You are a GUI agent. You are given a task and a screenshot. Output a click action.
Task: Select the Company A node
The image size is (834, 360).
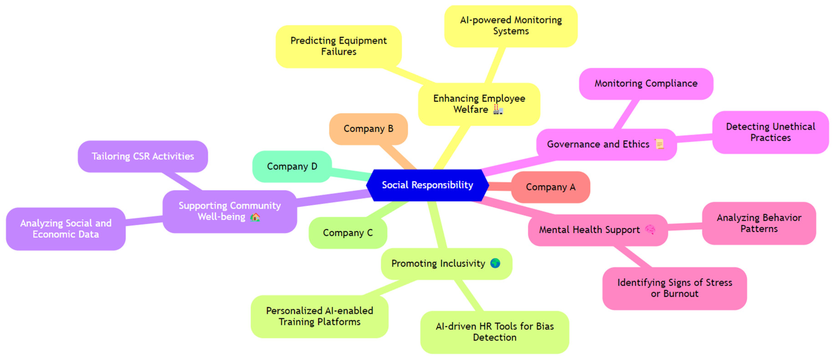(x=550, y=187)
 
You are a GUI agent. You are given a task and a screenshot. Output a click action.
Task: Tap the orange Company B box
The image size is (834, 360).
(x=368, y=129)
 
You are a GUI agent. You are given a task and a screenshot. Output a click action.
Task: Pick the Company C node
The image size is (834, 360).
(x=348, y=233)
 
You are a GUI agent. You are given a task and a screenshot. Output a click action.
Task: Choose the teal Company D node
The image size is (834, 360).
(x=292, y=166)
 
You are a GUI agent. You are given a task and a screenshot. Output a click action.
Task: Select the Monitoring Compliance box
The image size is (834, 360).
(x=646, y=83)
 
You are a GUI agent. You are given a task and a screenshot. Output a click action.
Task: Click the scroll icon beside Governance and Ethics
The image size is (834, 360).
(x=659, y=144)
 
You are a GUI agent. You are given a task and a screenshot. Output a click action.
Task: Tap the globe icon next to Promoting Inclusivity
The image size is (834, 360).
(x=495, y=263)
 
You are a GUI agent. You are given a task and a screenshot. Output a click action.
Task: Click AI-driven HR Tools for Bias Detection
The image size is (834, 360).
(x=494, y=332)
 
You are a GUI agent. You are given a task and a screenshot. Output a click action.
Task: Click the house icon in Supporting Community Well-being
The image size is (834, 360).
(x=255, y=217)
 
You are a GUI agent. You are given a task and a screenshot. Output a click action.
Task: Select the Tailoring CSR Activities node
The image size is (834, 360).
(x=143, y=156)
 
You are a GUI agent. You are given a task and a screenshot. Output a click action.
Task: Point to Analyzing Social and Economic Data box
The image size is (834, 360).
(x=66, y=229)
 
